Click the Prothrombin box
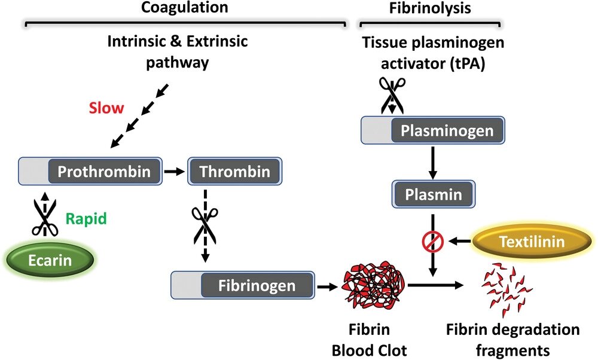coord(93,172)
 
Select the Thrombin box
coord(234,172)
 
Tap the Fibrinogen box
coord(243,285)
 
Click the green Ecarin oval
coord(49,261)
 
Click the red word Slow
coord(106,109)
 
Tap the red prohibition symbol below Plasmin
coord(432,242)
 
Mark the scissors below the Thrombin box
coord(205,225)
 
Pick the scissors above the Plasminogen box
coord(391,96)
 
